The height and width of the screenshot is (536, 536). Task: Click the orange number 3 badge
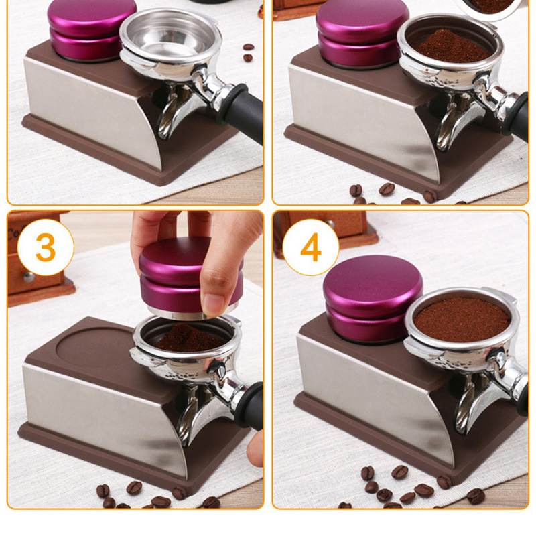(46, 247)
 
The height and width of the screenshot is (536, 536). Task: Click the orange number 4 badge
(311, 247)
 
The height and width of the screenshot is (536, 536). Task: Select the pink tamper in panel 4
(373, 299)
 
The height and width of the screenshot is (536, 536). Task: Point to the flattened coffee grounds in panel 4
(462, 320)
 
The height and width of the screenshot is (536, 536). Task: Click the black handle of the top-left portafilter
(241, 112)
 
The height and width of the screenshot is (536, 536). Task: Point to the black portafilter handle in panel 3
(249, 406)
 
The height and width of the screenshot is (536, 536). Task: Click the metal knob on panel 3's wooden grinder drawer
(29, 277)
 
